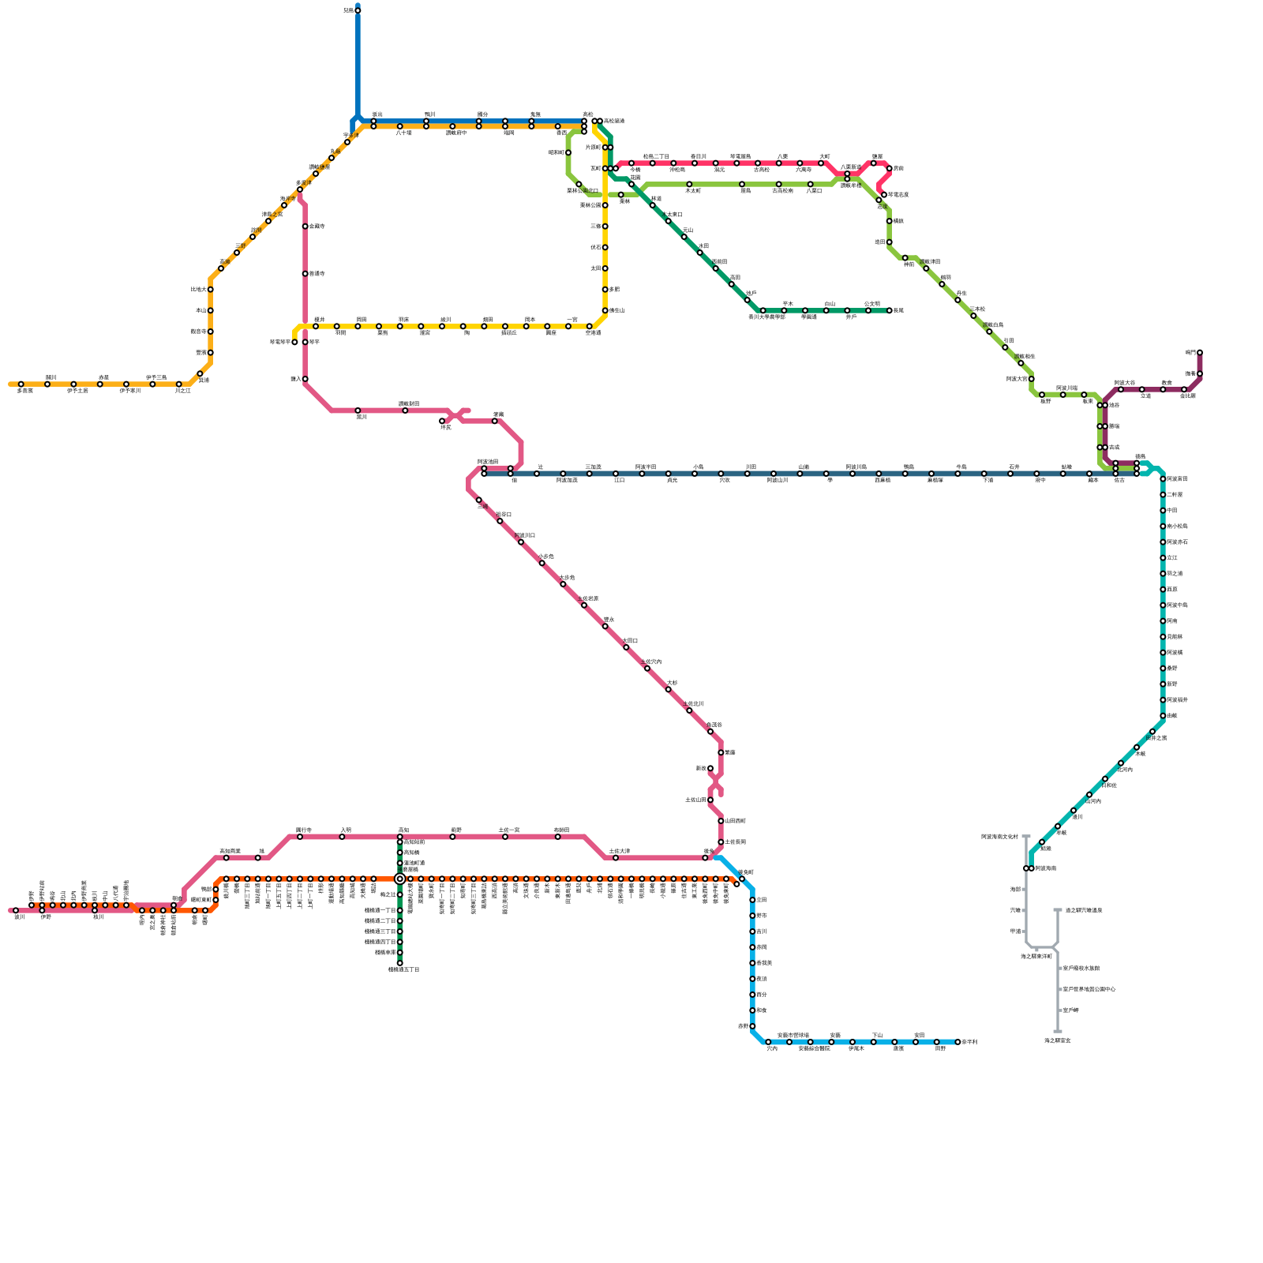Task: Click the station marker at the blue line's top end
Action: coord(358,10)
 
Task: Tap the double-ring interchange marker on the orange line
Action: coord(400,879)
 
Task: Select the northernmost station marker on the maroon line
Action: coord(1199,353)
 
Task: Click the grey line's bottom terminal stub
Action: coord(1058,1031)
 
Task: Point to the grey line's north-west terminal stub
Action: coord(1026,837)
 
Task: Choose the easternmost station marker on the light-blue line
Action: coord(958,1042)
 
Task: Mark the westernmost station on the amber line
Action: coord(21,384)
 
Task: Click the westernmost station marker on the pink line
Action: coord(16,910)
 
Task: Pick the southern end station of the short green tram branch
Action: coord(400,963)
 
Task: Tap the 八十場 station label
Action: coord(403,133)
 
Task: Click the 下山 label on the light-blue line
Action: coord(877,1035)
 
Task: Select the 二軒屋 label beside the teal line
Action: coord(1175,495)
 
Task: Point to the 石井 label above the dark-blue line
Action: coord(1014,467)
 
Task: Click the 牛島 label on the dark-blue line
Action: coord(961,467)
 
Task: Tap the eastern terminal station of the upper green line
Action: coord(890,310)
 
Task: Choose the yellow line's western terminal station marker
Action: coord(294,342)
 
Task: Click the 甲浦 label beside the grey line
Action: coord(1016,931)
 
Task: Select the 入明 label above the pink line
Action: coord(345,830)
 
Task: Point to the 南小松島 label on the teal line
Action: coord(1178,527)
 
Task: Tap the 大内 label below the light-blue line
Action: coord(771,1049)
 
